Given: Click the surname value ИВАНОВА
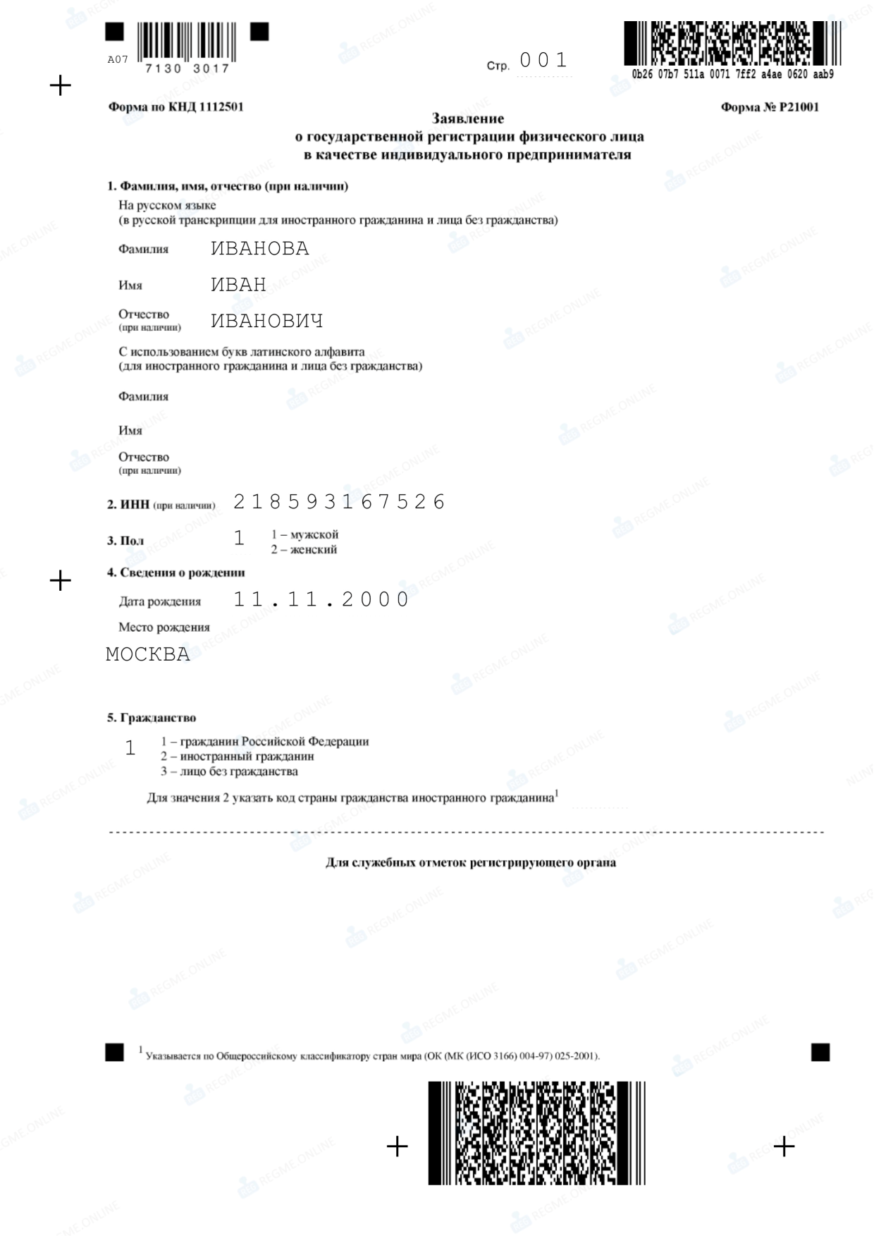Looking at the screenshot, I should coord(259,249).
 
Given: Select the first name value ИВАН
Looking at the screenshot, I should coord(238,285).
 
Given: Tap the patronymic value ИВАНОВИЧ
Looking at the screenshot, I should coord(266,322).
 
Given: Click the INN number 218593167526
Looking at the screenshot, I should coord(339,502).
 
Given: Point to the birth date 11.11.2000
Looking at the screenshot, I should coord(321,600).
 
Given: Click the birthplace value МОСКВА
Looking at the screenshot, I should coord(148,654).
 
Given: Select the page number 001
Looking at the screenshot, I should coord(543,61).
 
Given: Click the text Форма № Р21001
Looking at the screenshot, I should coord(770,107).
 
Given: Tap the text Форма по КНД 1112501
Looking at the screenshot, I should coord(176,107).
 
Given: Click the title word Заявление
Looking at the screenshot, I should coord(468,118).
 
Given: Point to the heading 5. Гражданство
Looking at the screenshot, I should coord(152,718).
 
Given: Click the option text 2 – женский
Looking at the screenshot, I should coord(304,550).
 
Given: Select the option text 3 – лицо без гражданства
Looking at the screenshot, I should coord(229,771).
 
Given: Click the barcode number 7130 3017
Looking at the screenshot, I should coord(187,68).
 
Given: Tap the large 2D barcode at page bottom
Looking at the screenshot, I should coord(536,1132).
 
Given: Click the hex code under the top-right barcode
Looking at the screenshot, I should coord(732,75).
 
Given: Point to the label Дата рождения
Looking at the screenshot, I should coord(160,601).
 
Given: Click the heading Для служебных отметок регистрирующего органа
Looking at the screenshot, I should coord(470,862).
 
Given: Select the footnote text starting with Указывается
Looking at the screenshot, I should coord(373,1056).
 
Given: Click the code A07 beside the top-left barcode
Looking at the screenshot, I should coord(118,60).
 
